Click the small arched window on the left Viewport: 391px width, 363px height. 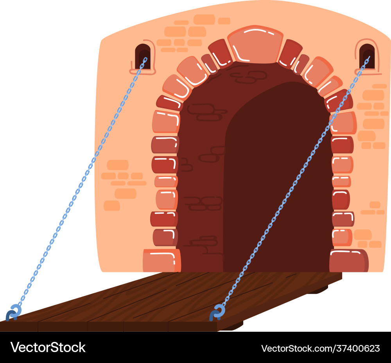point(142,56)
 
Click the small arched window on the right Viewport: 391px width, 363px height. point(367,56)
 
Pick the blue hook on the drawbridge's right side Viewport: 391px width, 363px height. point(217,312)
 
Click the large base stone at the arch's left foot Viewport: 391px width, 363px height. point(161,260)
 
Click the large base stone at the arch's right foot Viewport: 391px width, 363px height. point(348,261)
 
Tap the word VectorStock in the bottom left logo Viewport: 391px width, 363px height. point(48,347)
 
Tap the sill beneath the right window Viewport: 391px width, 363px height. point(368,73)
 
